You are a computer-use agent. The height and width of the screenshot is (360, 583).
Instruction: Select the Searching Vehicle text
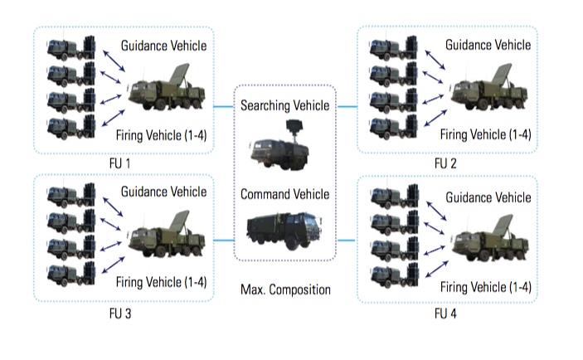[284, 105]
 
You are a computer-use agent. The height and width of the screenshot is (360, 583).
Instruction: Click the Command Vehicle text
[284, 194]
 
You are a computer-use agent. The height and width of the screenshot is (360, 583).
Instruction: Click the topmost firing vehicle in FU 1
[71, 46]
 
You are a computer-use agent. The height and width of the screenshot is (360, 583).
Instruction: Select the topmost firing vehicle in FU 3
[71, 196]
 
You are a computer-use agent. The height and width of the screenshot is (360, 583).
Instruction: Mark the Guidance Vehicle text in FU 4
[488, 197]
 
